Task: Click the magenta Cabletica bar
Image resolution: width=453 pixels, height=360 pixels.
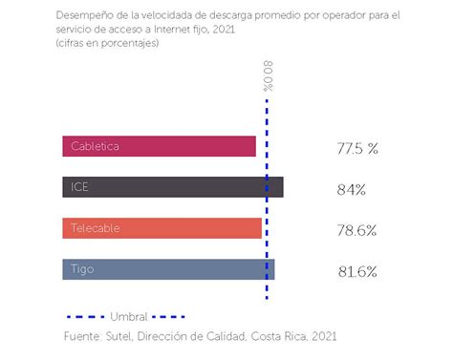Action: (x=160, y=147)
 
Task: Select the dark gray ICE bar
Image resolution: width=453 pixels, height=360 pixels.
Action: (x=173, y=188)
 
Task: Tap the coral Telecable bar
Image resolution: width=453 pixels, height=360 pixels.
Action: (x=162, y=229)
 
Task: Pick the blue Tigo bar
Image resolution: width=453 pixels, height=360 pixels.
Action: (x=168, y=270)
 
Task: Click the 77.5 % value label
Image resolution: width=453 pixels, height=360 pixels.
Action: (x=357, y=149)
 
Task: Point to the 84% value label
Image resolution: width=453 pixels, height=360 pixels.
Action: (x=352, y=190)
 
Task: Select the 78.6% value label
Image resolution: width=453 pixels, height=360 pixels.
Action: (x=356, y=230)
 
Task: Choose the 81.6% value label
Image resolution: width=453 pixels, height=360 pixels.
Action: (x=356, y=271)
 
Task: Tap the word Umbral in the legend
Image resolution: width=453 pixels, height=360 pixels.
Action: (x=128, y=316)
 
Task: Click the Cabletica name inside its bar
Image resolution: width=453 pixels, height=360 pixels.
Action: (x=94, y=147)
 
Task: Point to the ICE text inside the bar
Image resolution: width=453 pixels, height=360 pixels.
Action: (x=79, y=188)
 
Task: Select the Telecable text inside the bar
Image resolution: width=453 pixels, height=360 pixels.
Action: (x=95, y=229)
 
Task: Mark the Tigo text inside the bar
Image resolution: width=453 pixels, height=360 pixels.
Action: (x=83, y=270)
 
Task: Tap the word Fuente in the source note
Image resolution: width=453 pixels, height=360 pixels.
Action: (x=83, y=336)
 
